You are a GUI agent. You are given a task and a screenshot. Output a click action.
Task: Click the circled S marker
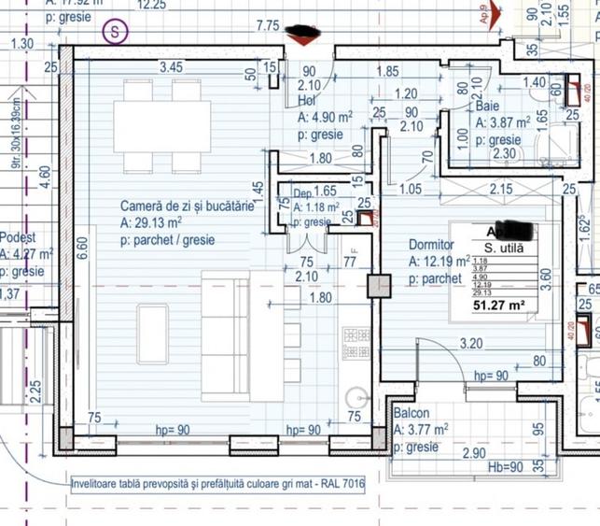click(x=115, y=30)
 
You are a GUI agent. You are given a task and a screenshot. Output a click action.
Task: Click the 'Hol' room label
click(x=307, y=100)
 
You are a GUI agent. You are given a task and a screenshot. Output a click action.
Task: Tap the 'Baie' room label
click(x=488, y=107)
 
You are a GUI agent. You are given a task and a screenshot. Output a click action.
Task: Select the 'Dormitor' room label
click(x=432, y=245)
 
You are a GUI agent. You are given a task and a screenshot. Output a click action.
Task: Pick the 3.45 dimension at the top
click(x=170, y=66)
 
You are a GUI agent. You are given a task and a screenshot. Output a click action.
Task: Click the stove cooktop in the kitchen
click(x=356, y=343)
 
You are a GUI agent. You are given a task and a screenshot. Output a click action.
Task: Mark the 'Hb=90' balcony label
click(x=507, y=465)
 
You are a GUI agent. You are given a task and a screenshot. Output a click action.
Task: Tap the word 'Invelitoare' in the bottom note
click(x=102, y=484)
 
